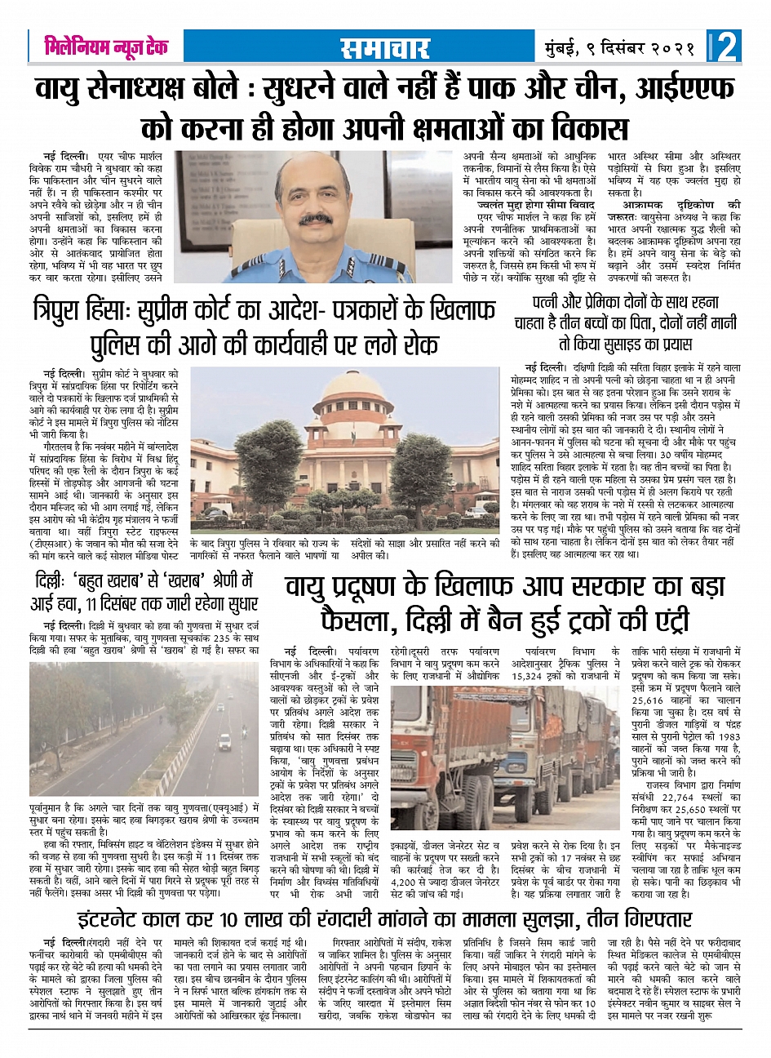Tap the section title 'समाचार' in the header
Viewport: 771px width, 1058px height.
click(x=385, y=47)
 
